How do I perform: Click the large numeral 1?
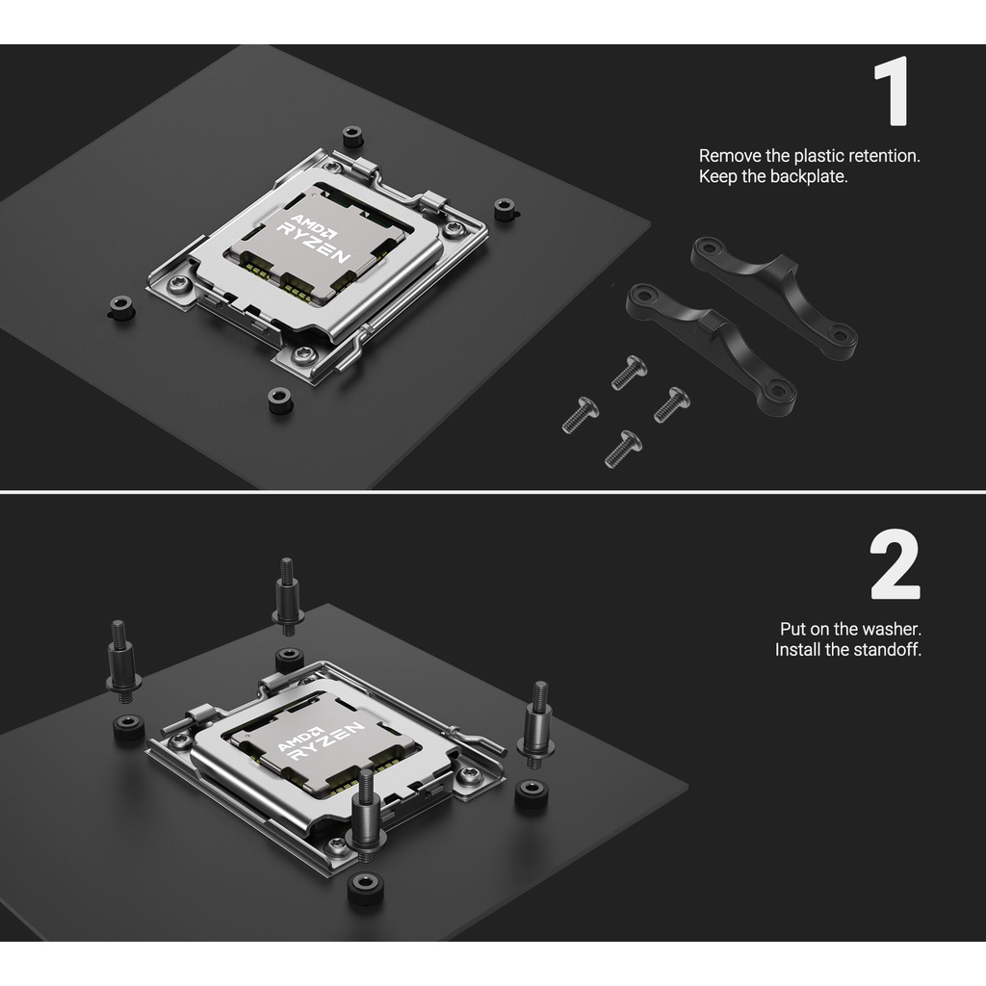[x=893, y=91]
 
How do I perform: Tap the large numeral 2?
[x=895, y=565]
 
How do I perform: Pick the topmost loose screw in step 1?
[x=629, y=372]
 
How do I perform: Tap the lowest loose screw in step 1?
[x=623, y=449]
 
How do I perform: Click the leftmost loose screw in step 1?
[x=580, y=414]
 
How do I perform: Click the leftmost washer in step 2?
[x=129, y=726]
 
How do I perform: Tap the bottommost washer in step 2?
[x=366, y=888]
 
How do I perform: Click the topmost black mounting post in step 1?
[x=352, y=137]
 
